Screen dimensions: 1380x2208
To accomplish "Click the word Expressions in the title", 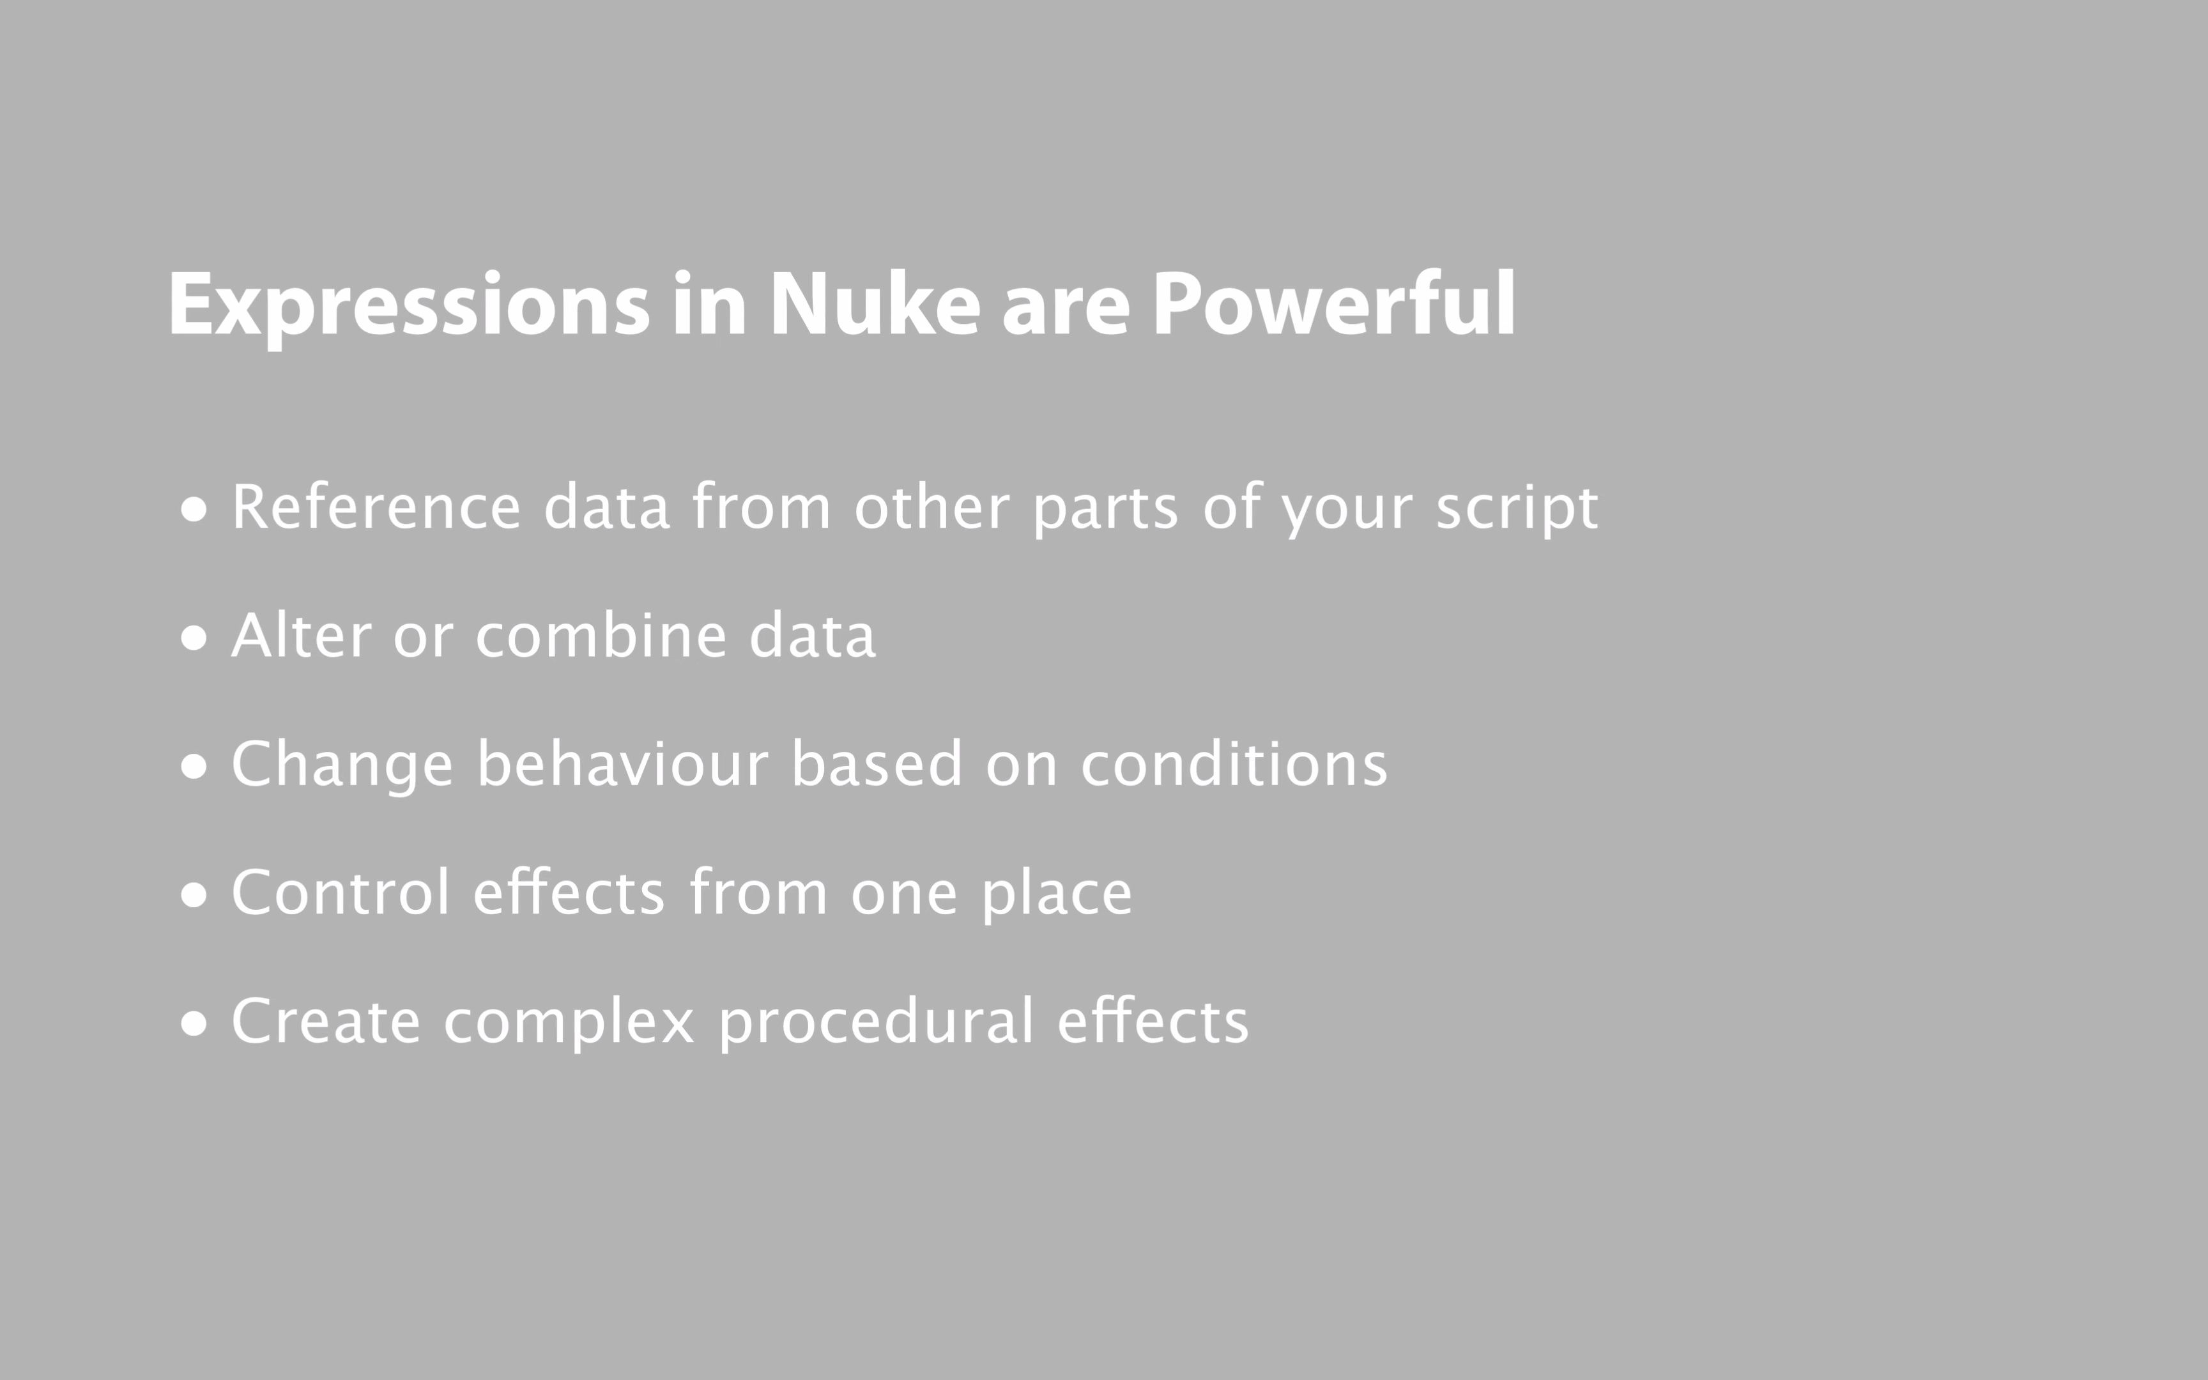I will point(408,306).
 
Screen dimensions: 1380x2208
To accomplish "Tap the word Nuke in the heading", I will point(874,306).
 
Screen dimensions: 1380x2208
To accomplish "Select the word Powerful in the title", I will point(1334,306).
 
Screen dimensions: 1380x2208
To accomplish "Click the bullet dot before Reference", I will point(194,509).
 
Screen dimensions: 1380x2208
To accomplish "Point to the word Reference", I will point(376,507).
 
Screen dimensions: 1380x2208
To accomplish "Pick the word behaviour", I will point(622,764).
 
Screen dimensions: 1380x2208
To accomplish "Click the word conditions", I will point(1234,764).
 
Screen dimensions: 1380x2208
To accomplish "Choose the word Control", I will point(341,893).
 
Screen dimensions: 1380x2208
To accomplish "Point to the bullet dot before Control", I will point(194,895).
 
